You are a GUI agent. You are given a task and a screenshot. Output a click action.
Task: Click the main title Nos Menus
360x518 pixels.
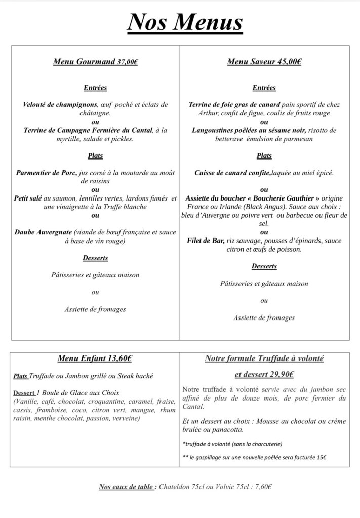tap(184, 22)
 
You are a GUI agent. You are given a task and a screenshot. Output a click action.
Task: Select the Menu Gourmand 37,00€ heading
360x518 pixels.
tap(95, 62)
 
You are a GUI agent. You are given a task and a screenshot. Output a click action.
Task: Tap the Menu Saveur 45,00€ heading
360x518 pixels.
tap(264, 62)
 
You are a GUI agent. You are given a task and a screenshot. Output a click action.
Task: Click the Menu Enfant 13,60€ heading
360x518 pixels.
tap(95, 359)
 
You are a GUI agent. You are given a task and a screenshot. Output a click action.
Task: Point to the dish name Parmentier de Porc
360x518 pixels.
tap(46, 173)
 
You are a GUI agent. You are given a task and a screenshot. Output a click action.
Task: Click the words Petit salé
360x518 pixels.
tap(28, 198)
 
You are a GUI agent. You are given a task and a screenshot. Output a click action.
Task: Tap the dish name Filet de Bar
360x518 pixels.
tap(206, 241)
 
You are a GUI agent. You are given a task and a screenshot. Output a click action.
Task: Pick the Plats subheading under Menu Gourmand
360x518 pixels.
tap(95, 155)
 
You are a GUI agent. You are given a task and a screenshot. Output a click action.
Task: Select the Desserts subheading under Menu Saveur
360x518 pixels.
tap(264, 266)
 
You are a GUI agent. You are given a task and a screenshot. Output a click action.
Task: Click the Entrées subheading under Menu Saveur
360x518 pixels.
tap(264, 88)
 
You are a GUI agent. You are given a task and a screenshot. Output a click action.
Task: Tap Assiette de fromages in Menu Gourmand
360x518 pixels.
tap(95, 309)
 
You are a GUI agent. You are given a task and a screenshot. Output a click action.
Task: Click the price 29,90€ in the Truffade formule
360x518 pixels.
tap(279, 375)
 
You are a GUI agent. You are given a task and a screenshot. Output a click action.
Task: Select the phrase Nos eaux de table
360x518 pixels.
tap(128, 487)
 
